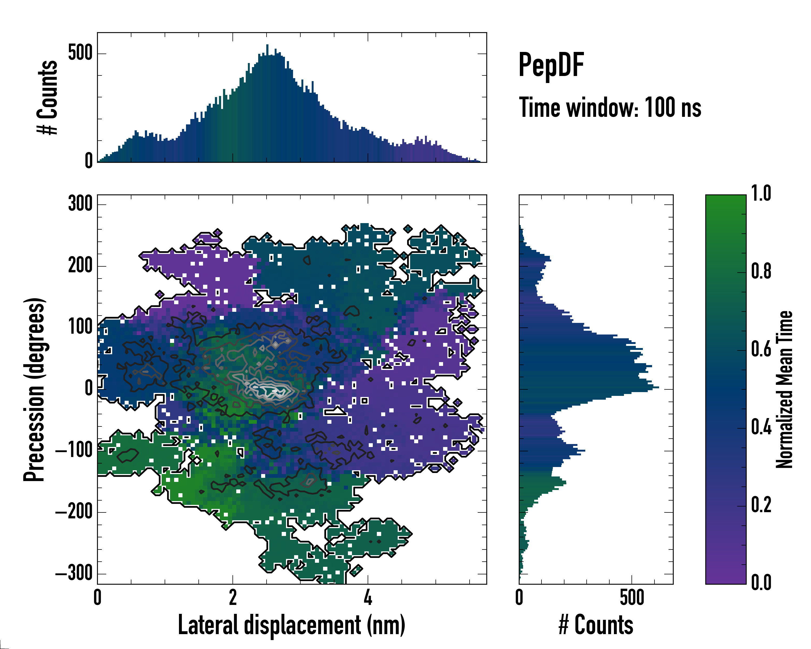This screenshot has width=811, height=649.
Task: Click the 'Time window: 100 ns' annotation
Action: (x=610, y=108)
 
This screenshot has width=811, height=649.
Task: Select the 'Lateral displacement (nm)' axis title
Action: (x=291, y=625)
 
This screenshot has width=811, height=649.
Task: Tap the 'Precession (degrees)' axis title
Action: (x=35, y=389)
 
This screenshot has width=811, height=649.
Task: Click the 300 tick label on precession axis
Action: (x=80, y=204)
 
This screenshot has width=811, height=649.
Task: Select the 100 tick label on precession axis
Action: (x=80, y=327)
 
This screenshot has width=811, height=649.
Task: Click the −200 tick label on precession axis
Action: (x=74, y=512)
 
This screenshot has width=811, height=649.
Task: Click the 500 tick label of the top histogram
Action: (x=80, y=53)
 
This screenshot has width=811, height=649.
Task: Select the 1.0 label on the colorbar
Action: (x=761, y=194)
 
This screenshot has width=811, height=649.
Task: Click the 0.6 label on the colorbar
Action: (x=761, y=349)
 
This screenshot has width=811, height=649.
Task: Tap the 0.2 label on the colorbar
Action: (x=761, y=505)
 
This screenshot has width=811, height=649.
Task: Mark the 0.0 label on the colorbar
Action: (x=761, y=582)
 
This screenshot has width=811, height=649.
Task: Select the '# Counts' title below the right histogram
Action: (x=596, y=625)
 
